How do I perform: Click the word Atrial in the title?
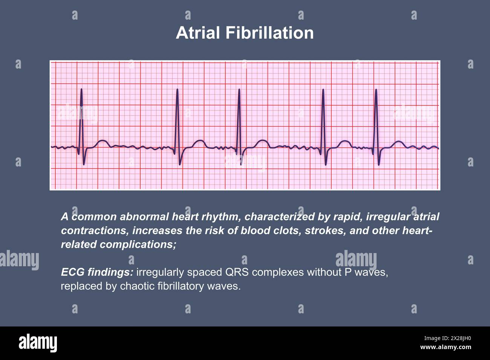tap(198, 33)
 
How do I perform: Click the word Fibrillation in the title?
tap(269, 33)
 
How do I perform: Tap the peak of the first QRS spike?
tap(81, 89)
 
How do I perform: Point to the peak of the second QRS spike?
tap(177, 89)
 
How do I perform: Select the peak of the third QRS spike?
tap(239, 89)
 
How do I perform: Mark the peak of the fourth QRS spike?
tap(323, 90)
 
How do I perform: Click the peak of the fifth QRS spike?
tap(376, 90)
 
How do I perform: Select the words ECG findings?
tap(97, 272)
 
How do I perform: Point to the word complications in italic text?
tap(138, 245)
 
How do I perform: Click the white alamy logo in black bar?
tap(38, 343)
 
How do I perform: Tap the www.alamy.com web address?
tap(446, 347)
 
